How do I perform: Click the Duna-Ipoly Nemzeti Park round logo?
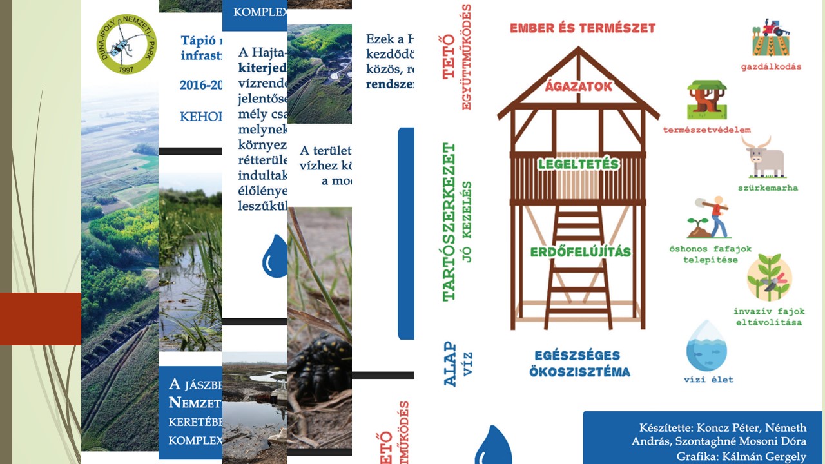pos(127,44)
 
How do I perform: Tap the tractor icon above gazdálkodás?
pos(771,37)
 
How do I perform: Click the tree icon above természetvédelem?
pos(706,100)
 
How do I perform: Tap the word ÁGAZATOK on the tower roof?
pos(578,86)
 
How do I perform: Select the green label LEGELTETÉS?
pos(578,164)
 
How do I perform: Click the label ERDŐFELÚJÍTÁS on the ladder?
pos(580,251)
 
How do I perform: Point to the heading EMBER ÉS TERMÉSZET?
pos(582,28)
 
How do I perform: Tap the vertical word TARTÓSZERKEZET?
pos(449,222)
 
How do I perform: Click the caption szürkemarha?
pos(768,188)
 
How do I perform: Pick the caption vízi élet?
pos(708,380)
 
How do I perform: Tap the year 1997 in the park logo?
pos(127,68)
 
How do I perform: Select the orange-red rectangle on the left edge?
pos(41,318)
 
